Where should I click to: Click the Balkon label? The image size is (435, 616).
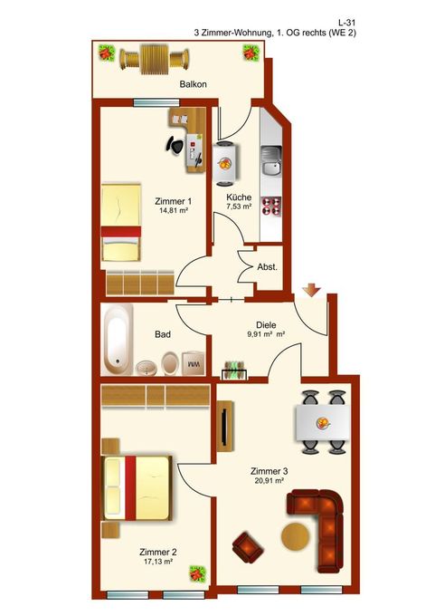pos(193,84)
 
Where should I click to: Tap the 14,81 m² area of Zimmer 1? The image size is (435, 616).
pos(173,210)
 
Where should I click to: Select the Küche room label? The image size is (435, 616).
pos(239,197)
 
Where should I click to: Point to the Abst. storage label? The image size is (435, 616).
pos(267,267)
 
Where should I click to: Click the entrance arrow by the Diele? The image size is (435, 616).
pos(311,290)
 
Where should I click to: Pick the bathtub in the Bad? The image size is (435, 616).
pos(117,340)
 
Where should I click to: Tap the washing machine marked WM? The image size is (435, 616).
pos(194,363)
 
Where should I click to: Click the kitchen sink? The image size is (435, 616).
pos(271,161)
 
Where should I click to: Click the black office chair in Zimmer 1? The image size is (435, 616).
pos(175,145)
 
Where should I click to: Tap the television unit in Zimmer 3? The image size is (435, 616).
pos(225,427)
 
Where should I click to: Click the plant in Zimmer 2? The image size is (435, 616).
pos(197,574)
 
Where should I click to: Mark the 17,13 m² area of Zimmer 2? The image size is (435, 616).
pos(158,562)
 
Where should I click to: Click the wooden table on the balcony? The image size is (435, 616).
pos(155,59)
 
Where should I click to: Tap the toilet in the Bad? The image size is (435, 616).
pos(169,363)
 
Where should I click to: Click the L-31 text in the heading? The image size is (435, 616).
pos(347,24)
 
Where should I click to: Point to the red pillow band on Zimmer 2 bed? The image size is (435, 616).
pos(130,487)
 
